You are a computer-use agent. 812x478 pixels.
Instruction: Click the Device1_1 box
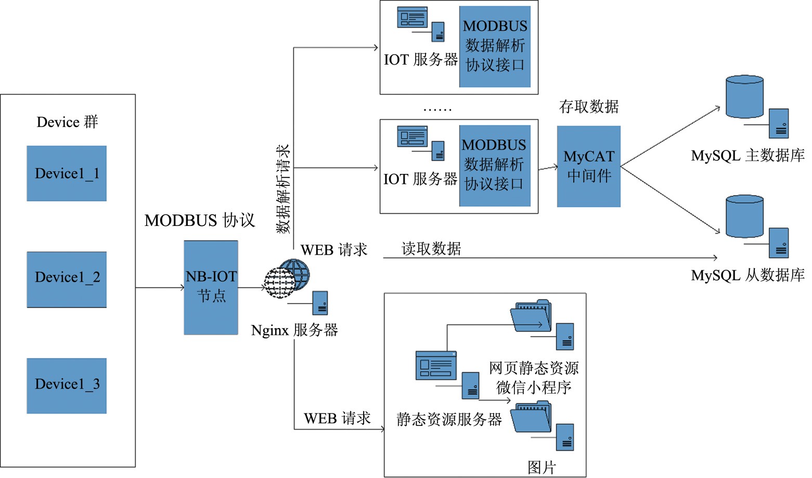pos(67,173)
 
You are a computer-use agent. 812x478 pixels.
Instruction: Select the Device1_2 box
pos(67,280)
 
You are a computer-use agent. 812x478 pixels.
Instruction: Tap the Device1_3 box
pos(67,386)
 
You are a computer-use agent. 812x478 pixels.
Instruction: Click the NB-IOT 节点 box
pos(211,287)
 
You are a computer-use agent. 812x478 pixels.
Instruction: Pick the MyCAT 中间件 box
pos(589,167)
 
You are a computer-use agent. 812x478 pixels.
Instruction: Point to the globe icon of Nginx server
pos(287,278)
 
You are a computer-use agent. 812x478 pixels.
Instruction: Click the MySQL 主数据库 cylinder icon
pos(744,97)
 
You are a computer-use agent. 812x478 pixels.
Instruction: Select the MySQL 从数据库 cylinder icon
pos(744,217)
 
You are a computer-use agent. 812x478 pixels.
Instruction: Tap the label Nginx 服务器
pos(294,330)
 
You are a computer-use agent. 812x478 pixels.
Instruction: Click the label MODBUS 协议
pos(200,220)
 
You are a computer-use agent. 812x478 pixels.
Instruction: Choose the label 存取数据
pos(589,107)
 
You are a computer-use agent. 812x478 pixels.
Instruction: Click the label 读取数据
pos(431,249)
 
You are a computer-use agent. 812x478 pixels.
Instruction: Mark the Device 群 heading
pos(67,122)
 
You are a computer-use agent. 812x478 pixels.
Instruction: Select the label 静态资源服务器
pos(449,419)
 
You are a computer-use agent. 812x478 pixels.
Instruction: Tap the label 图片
pos(542,467)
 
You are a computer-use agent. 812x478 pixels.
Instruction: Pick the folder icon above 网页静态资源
pos(531,316)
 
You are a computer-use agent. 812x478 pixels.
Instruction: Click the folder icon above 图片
pos(531,417)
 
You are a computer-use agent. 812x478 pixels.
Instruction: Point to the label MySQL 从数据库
pos(747,275)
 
